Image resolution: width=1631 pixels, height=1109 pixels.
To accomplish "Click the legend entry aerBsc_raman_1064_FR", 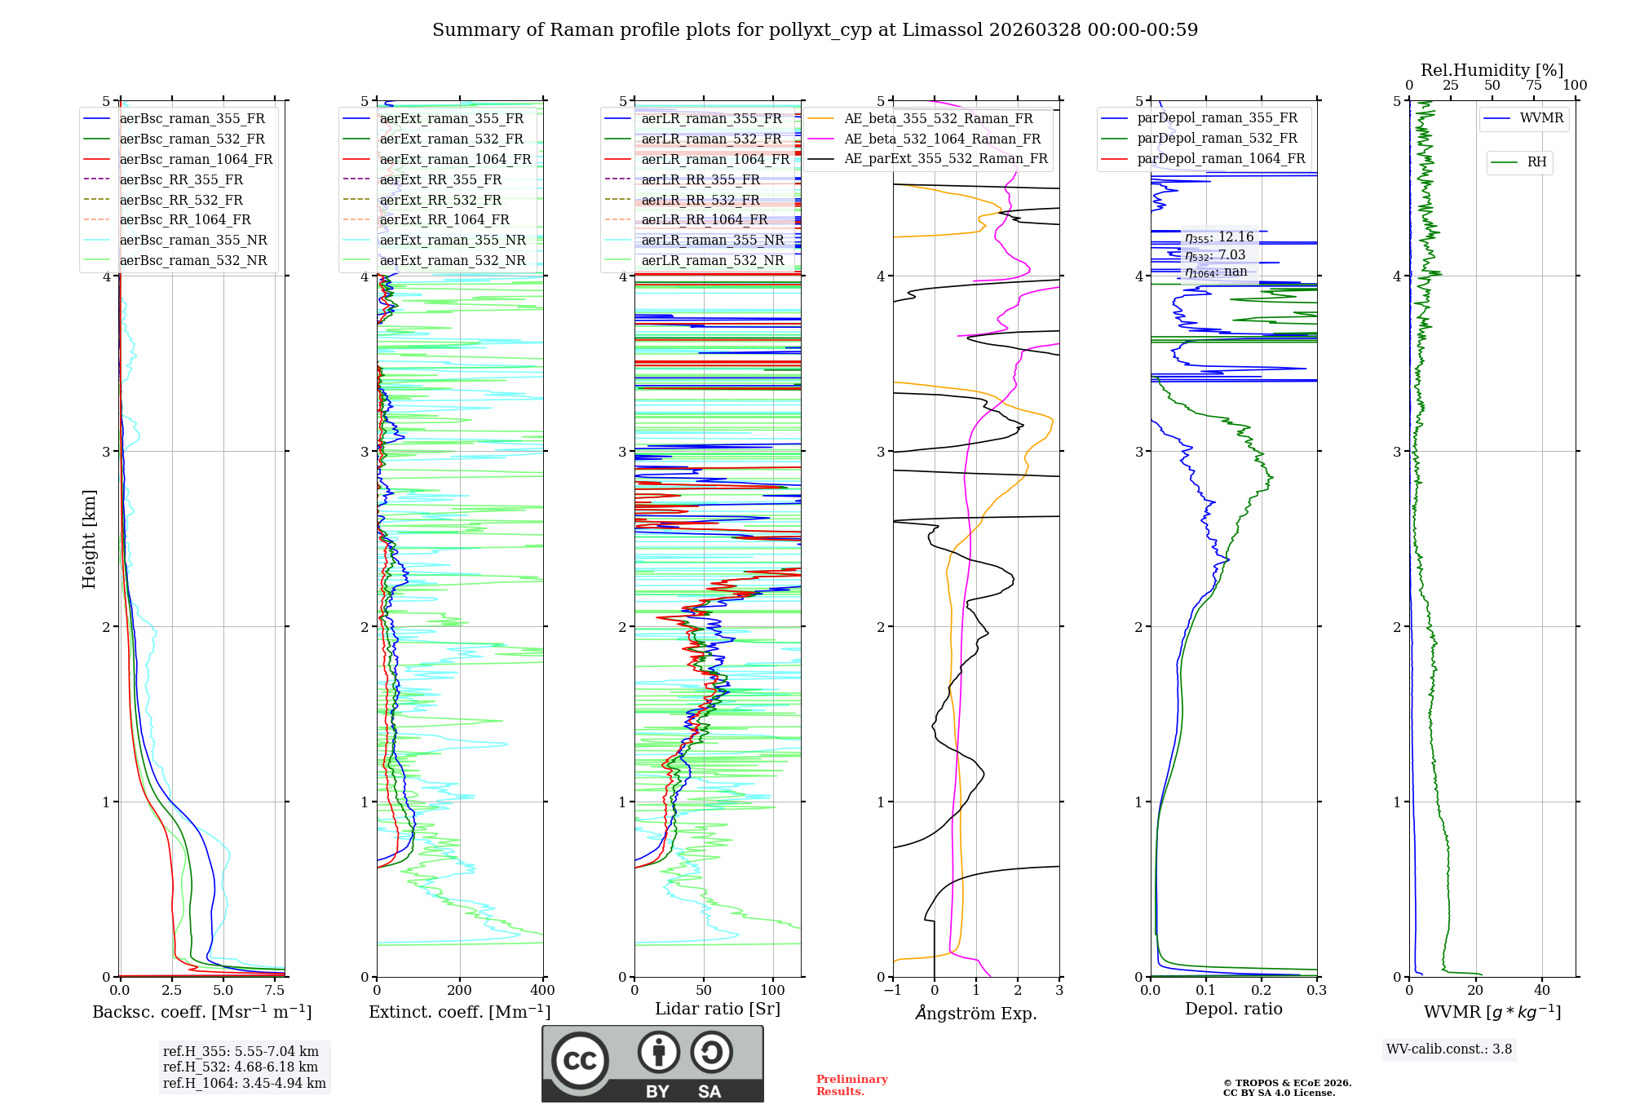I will click(196, 159).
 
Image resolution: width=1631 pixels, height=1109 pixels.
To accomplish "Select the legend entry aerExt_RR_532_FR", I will click(440, 200).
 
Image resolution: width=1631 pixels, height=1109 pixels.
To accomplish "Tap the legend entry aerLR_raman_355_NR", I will click(712, 240).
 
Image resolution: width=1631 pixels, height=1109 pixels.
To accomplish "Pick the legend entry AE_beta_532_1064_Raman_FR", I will click(942, 139).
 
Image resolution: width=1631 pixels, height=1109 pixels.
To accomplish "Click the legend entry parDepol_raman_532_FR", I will click(1217, 139).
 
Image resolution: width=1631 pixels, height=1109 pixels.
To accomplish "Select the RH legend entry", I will click(1536, 162).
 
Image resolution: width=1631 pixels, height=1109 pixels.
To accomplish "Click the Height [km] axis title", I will click(89, 539).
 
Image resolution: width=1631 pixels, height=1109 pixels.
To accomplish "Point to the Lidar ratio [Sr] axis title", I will click(717, 1009).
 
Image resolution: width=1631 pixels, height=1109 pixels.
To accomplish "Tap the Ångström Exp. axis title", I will click(976, 1013).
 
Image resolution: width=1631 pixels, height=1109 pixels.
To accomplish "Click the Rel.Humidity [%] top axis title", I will click(1492, 70).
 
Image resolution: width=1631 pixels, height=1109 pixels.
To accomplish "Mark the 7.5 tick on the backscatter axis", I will click(275, 991).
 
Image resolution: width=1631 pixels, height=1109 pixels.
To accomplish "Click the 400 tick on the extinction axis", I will click(542, 991).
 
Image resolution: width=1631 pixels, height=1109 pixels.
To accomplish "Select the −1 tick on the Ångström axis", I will click(893, 991).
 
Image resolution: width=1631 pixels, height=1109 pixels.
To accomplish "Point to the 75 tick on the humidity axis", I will click(1534, 86).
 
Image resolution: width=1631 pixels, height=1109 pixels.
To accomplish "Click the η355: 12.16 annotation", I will click(1219, 237).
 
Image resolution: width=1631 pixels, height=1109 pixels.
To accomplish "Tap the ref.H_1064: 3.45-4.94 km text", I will click(244, 1083).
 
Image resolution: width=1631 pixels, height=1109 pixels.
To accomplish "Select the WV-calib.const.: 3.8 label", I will click(1449, 1049).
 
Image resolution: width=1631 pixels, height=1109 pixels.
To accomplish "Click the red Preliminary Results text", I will click(851, 1085).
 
